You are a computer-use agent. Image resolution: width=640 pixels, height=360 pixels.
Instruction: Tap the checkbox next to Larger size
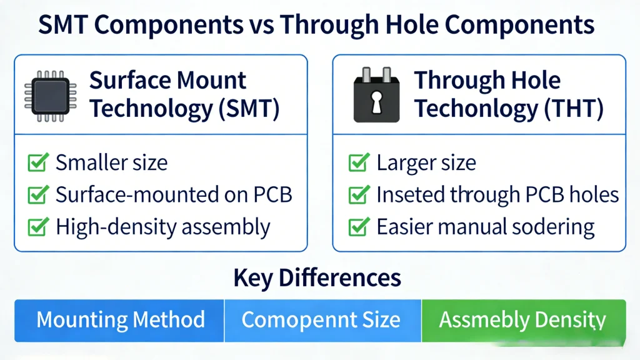coord(357,164)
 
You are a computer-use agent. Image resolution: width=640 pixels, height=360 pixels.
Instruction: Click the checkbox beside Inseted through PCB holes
coord(357,195)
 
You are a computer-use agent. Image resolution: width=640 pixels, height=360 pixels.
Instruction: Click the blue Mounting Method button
coord(120,320)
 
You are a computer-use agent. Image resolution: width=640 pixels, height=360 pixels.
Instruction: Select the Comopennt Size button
coord(321,320)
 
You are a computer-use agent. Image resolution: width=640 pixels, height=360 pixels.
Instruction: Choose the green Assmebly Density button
coord(522,320)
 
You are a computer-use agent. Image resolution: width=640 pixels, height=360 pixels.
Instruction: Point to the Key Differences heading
coord(317,277)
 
